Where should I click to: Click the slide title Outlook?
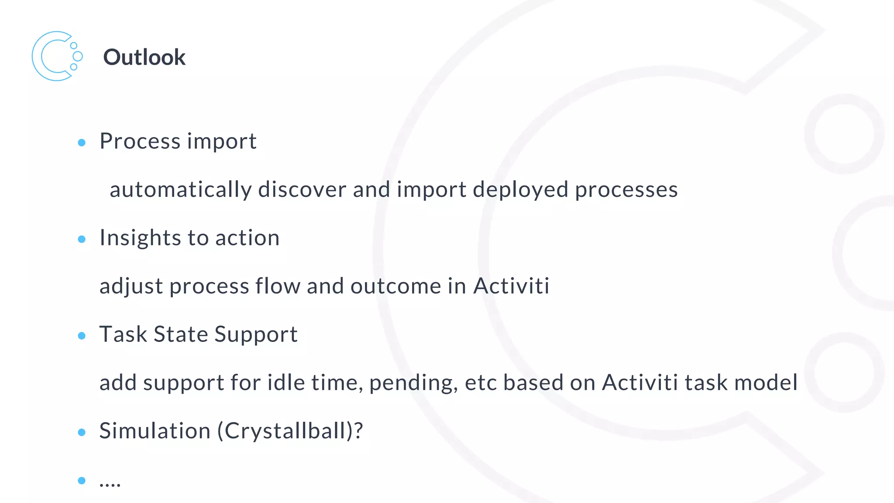point(144,57)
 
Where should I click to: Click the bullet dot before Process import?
point(82,142)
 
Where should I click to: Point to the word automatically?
point(181,190)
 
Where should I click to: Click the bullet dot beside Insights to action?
point(82,239)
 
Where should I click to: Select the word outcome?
point(396,286)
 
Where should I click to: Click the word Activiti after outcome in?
point(511,286)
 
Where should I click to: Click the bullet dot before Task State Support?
point(82,336)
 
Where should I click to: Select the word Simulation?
point(155,431)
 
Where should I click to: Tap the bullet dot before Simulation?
point(82,432)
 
